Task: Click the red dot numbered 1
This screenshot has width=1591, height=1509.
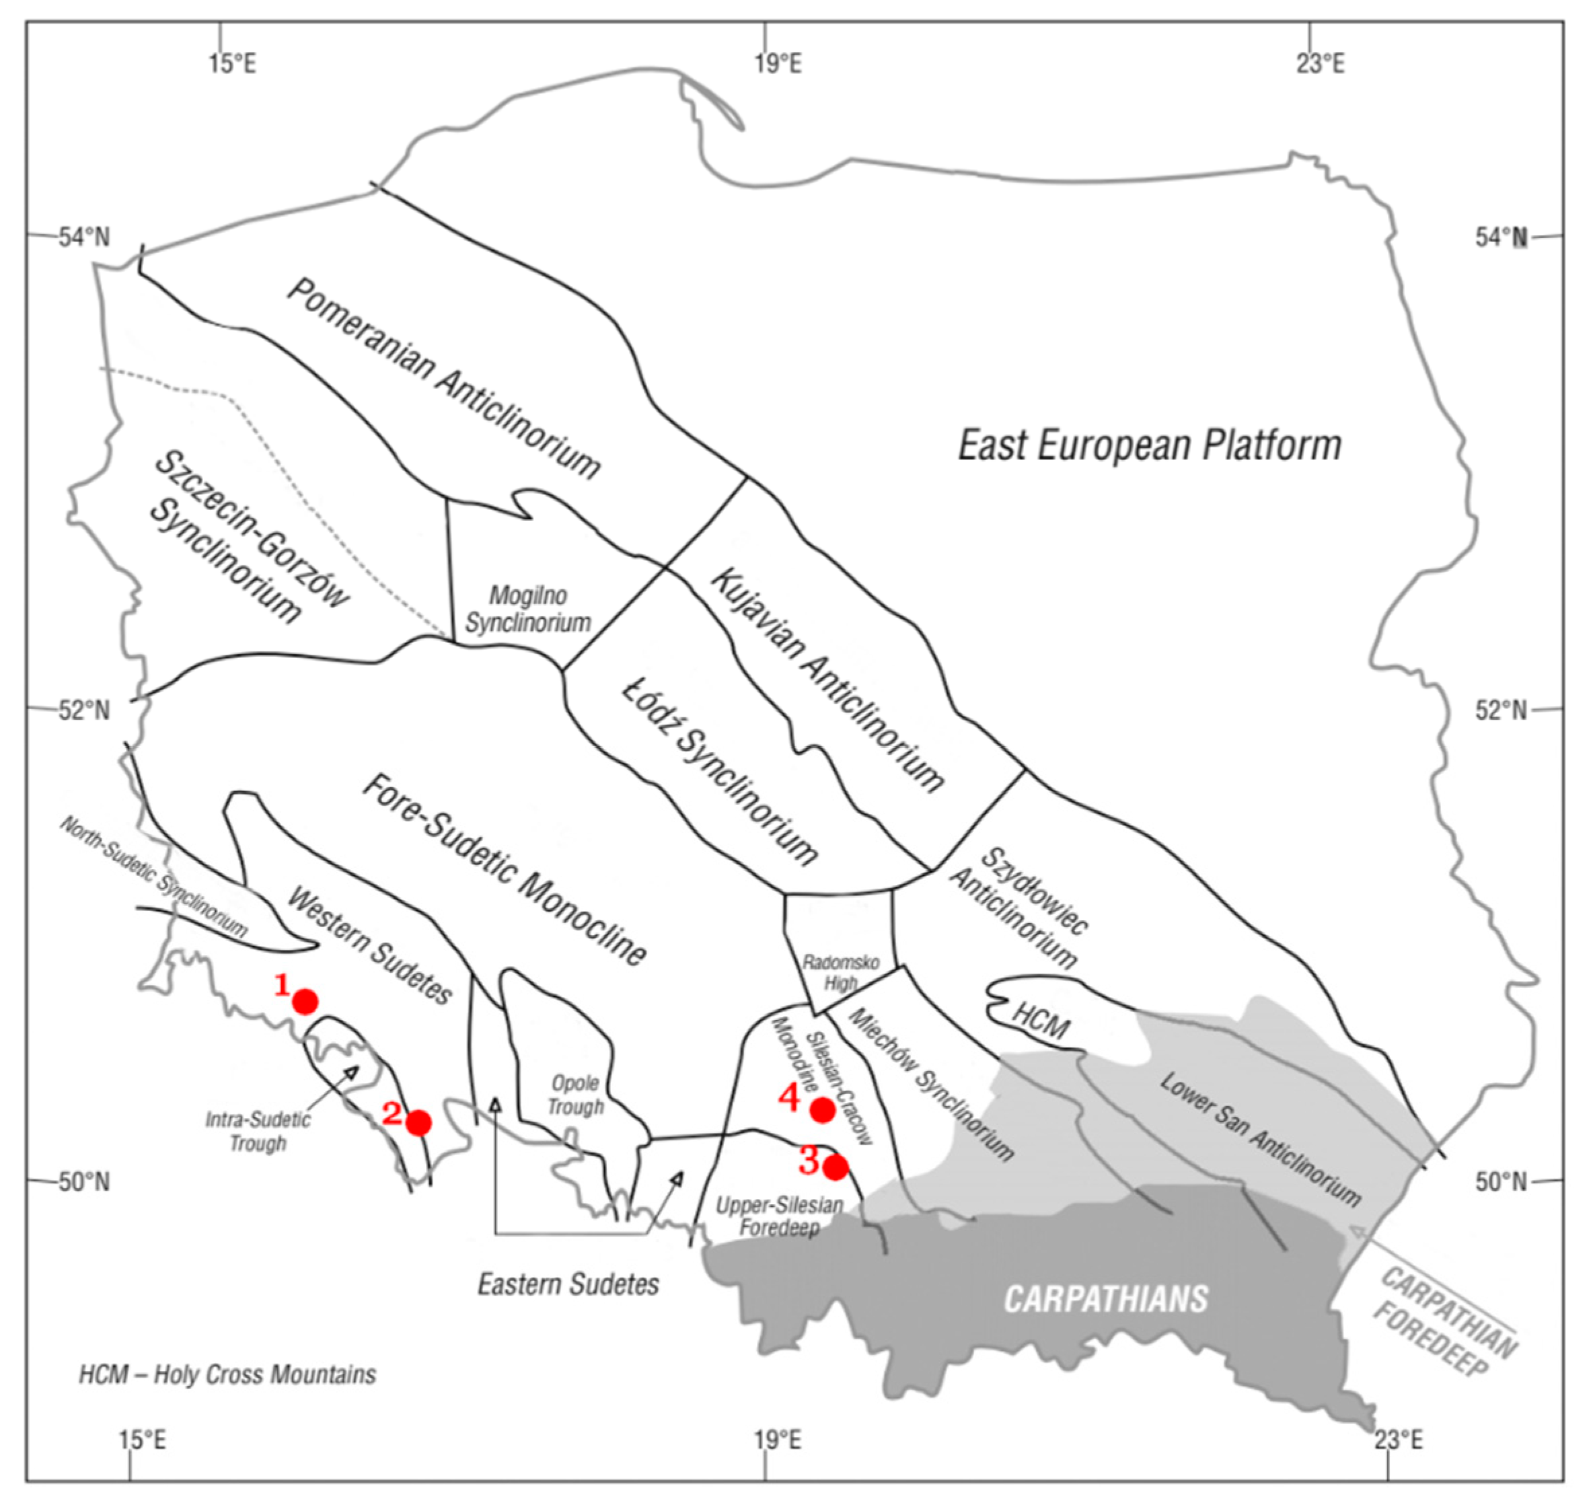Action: click(305, 1002)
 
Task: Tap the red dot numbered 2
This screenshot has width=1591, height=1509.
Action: click(418, 1123)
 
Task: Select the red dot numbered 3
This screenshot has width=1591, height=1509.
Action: click(835, 1167)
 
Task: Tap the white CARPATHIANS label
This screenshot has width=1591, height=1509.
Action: click(1105, 1299)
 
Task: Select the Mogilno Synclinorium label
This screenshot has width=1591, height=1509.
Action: click(527, 609)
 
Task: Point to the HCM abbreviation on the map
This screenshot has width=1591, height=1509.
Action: click(1041, 1023)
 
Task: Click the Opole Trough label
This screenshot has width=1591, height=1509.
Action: click(575, 1095)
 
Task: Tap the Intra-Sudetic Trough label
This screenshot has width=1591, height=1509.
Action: click(258, 1131)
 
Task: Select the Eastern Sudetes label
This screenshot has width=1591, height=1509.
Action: click(568, 1284)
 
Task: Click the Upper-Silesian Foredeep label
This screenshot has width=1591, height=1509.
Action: click(778, 1216)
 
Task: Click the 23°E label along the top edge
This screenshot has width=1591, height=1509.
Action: click(1320, 63)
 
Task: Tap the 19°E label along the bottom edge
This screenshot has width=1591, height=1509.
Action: click(778, 1440)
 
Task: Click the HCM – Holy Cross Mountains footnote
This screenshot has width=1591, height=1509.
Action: click(227, 1374)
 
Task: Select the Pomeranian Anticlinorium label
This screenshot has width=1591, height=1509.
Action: click(443, 378)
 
